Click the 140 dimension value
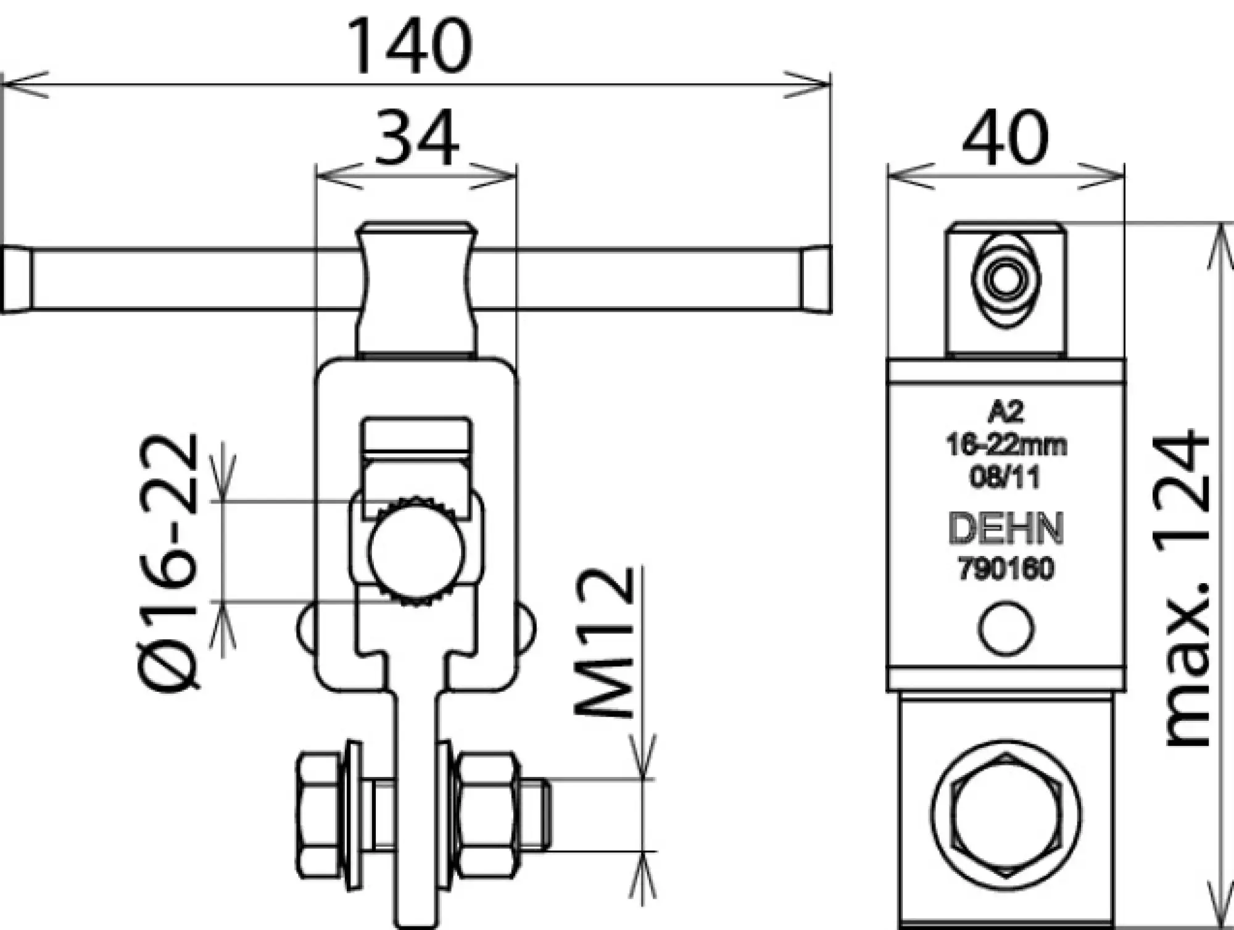(x=410, y=47)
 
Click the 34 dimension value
(x=417, y=138)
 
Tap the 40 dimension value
(x=1005, y=138)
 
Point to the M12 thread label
(x=605, y=642)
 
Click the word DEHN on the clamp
(x=1005, y=528)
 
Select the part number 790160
(x=1005, y=568)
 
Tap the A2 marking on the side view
(x=1005, y=412)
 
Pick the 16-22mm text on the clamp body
(x=1005, y=444)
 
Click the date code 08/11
(x=1005, y=476)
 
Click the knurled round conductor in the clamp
(x=417, y=551)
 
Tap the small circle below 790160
(x=1006, y=628)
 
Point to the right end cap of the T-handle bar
(x=817, y=280)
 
